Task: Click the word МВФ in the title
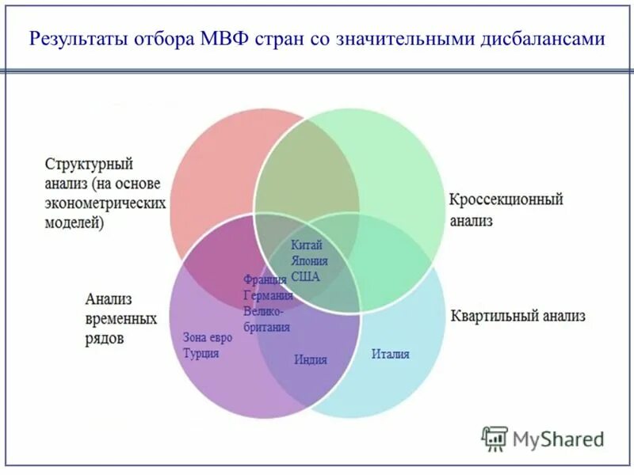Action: [x=222, y=39]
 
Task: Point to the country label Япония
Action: [x=309, y=260]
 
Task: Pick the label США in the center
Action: [x=305, y=276]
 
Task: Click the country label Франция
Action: [x=265, y=280]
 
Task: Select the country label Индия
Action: [x=311, y=359]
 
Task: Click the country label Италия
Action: [x=391, y=354]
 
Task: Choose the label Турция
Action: [x=201, y=353]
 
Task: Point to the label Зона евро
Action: [x=208, y=337]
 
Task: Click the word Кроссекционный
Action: [x=506, y=199]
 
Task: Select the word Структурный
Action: [x=88, y=165]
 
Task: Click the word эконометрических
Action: [x=105, y=203]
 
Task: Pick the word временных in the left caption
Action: [x=120, y=319]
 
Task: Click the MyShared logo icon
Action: [x=495, y=439]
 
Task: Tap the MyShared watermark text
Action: [x=558, y=439]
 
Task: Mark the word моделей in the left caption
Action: [x=74, y=222]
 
